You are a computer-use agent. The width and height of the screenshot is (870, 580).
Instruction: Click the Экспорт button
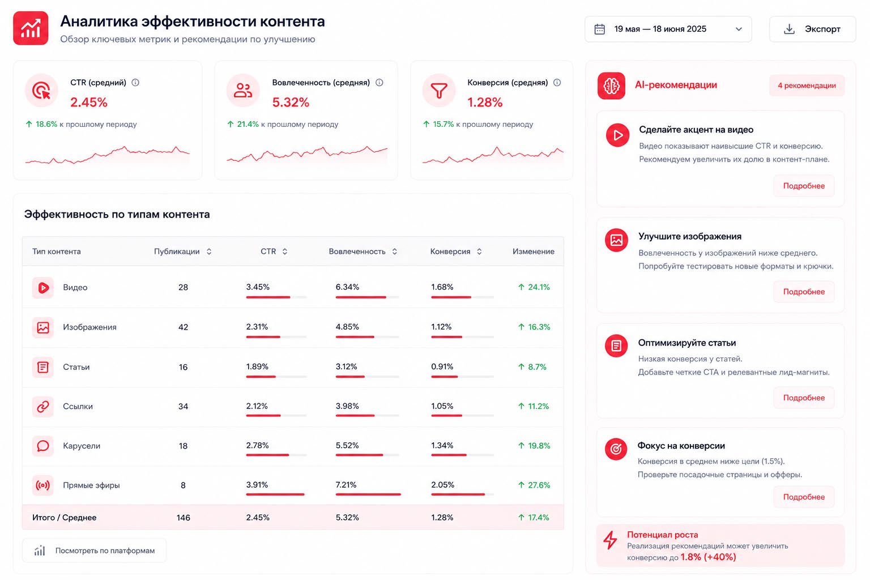click(812, 29)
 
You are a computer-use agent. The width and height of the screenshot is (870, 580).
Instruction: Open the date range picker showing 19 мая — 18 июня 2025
click(668, 29)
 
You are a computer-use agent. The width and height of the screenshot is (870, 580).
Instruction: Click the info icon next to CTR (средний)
click(135, 82)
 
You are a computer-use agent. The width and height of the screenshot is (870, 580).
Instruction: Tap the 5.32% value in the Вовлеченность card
click(291, 102)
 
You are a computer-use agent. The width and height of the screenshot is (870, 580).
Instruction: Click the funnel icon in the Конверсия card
click(439, 91)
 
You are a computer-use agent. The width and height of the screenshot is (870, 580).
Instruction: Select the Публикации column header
click(177, 251)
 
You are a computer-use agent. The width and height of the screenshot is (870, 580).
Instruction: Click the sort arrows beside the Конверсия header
click(479, 251)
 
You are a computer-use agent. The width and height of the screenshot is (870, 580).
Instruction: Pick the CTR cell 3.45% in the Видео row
click(258, 287)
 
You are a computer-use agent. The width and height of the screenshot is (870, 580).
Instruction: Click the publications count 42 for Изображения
click(183, 327)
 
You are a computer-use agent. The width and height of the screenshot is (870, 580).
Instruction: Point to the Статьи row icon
click(42, 367)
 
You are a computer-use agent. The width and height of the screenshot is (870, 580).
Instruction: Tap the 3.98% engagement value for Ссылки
click(347, 406)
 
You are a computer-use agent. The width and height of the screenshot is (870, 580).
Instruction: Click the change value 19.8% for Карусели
click(534, 446)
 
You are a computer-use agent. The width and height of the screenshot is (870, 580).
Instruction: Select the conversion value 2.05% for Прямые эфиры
click(442, 485)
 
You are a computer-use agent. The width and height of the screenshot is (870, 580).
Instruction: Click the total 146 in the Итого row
click(183, 518)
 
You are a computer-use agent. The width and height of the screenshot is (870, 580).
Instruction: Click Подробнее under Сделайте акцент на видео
click(804, 186)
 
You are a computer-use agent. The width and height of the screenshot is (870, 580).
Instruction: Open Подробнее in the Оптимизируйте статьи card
click(804, 398)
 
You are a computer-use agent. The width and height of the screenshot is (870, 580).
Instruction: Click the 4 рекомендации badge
click(807, 86)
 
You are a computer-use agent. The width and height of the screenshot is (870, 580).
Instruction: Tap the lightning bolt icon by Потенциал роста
click(610, 540)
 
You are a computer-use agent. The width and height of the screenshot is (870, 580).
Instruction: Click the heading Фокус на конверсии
click(681, 446)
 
